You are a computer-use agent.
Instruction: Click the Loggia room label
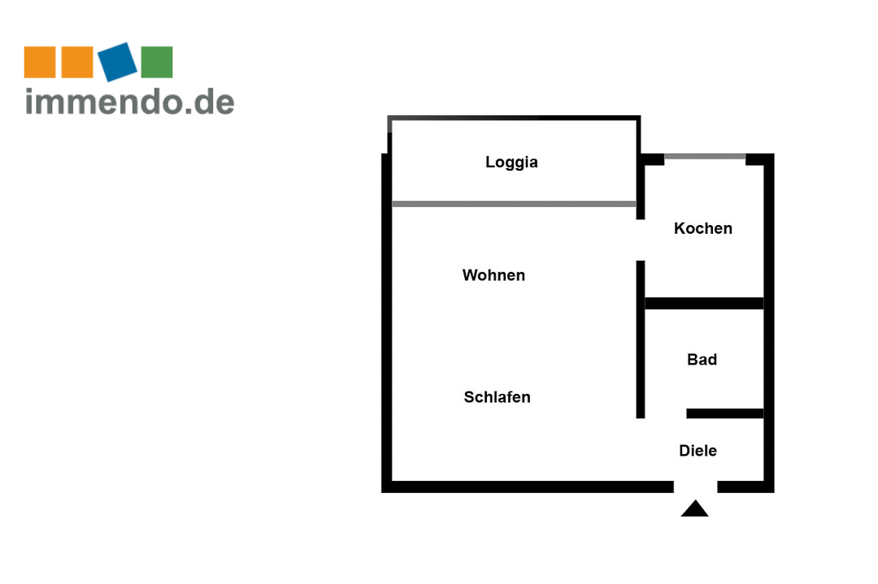coord(511,162)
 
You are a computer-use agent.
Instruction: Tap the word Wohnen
coord(493,275)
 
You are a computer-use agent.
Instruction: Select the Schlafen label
coord(497,397)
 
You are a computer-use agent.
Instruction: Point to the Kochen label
coord(702,229)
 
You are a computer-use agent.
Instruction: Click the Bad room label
coord(702,360)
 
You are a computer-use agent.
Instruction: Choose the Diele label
coord(698,451)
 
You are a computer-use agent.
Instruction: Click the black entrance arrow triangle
coord(694,509)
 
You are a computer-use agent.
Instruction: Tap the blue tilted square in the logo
coord(118,62)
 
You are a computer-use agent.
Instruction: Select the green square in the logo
coord(157,63)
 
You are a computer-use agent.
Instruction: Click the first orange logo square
coord(40,63)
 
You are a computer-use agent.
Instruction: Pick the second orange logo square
coord(77,63)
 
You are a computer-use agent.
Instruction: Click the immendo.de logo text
coord(130,102)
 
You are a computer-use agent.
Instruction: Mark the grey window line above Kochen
coord(705,156)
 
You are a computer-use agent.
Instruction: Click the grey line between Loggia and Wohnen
coord(514,204)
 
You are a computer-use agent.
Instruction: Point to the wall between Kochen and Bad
coord(704,304)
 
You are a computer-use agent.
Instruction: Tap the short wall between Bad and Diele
coord(724,413)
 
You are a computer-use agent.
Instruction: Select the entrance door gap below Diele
coord(695,487)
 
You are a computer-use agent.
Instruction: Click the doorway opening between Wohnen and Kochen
coord(641,240)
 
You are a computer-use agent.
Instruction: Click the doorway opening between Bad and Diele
coord(666,414)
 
